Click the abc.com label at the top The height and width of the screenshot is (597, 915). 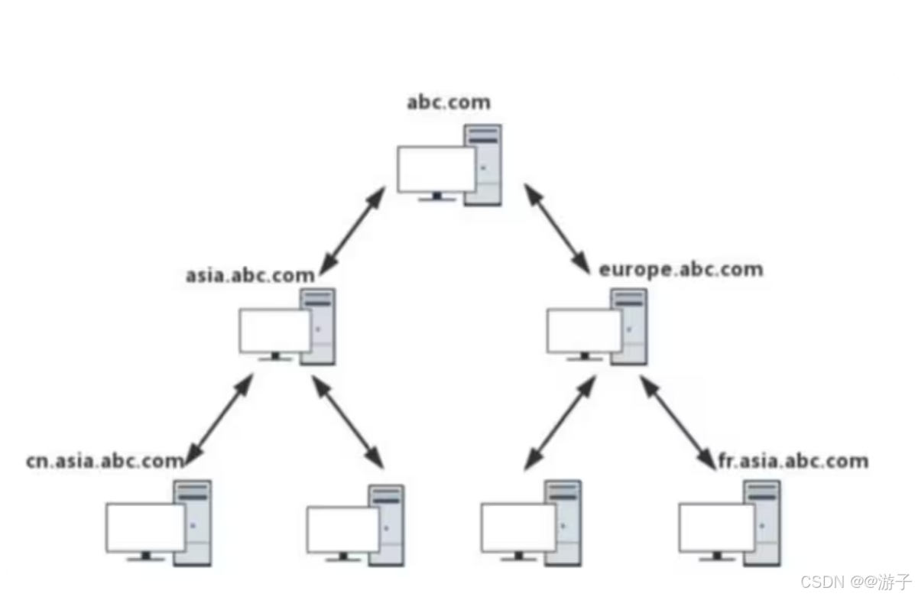pyautogui.click(x=448, y=102)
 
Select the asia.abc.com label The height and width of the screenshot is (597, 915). pyautogui.click(x=250, y=275)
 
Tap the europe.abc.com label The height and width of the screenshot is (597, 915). pyautogui.click(x=680, y=270)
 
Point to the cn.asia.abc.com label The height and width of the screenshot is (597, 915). pyautogui.click(x=105, y=460)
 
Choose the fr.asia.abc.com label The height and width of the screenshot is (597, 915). pyautogui.click(x=793, y=461)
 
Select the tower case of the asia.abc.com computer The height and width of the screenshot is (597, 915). pyautogui.click(x=318, y=326)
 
